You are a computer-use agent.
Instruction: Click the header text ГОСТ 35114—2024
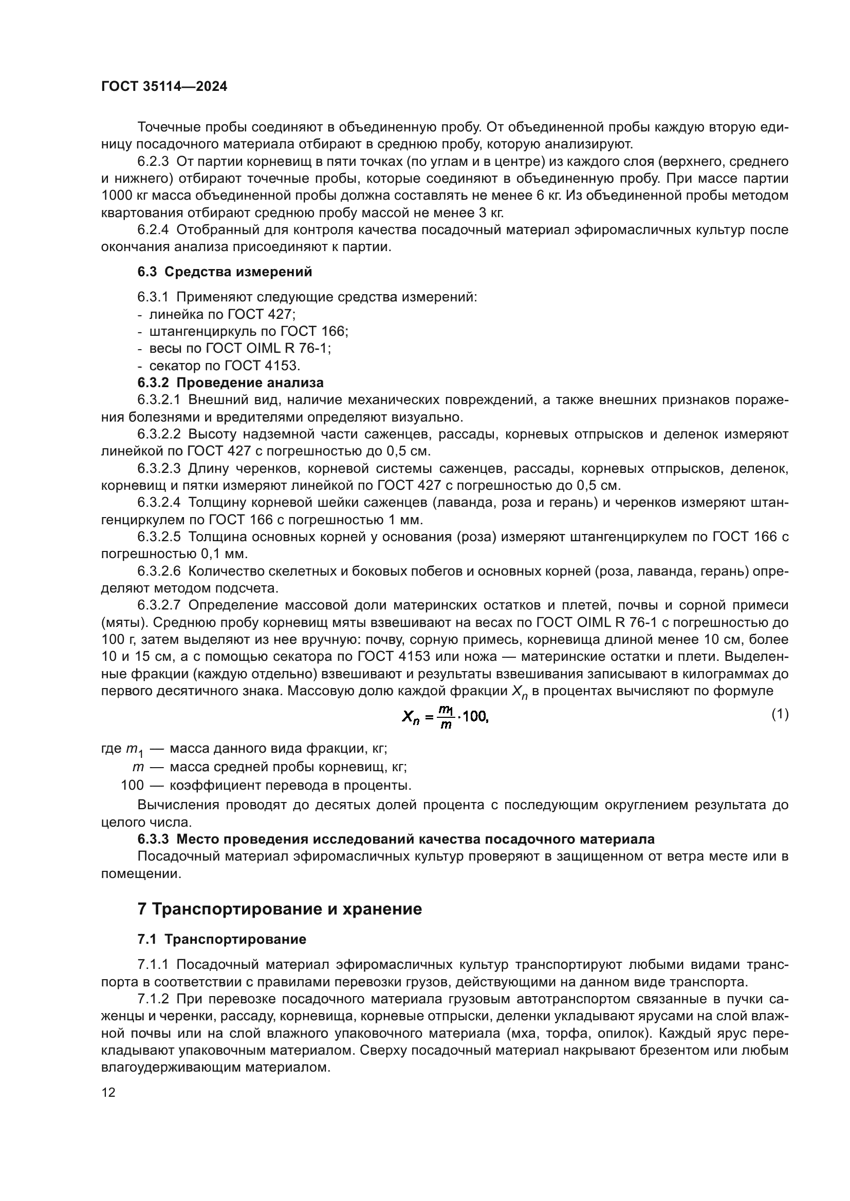click(x=164, y=87)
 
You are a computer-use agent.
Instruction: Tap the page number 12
click(x=108, y=1092)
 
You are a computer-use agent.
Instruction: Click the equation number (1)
click(x=780, y=715)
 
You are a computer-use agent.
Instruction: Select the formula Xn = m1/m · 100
click(x=445, y=717)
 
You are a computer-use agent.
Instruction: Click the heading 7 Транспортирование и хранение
click(x=280, y=909)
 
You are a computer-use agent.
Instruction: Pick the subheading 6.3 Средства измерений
click(x=225, y=272)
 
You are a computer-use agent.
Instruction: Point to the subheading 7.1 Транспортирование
click(x=222, y=940)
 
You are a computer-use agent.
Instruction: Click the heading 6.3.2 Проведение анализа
click(x=230, y=383)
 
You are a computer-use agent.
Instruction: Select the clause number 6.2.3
click(x=153, y=162)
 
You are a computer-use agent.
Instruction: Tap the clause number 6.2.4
click(x=153, y=230)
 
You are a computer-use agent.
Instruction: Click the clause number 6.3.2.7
click(x=159, y=605)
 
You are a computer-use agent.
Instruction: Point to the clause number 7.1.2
click(x=153, y=999)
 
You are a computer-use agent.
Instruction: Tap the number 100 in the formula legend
click(x=132, y=785)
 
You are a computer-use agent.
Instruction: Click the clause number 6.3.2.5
click(x=159, y=537)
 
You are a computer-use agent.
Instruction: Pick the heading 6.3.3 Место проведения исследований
click(x=396, y=839)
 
